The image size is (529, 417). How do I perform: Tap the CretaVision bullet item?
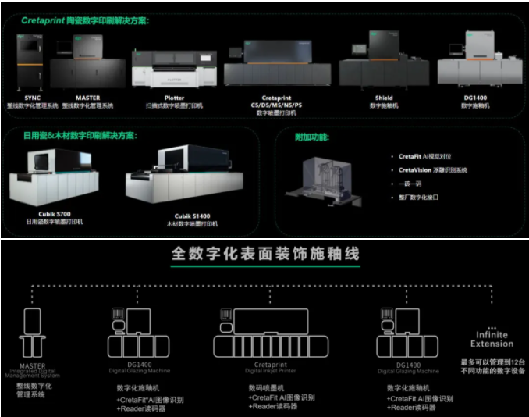tap(432, 169)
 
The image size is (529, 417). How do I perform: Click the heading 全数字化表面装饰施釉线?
tap(264, 255)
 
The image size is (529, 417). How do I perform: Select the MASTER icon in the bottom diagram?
tap(31, 333)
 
